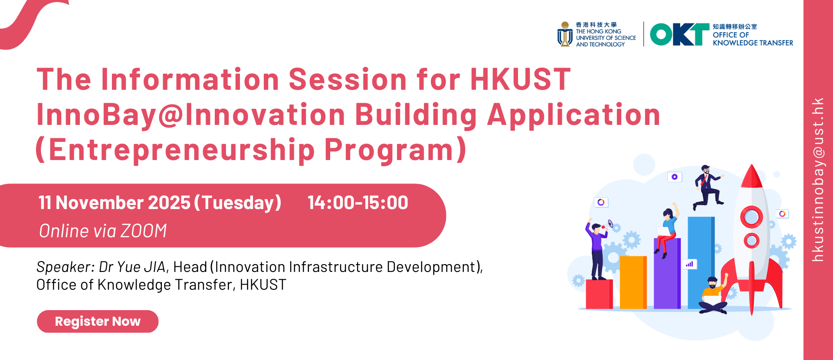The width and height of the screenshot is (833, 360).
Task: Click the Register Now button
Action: click(x=98, y=321)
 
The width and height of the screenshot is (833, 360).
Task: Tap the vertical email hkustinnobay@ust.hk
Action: click(x=818, y=180)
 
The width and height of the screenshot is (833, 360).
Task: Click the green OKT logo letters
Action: click(x=679, y=34)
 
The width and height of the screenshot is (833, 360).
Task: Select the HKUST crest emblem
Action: click(x=565, y=34)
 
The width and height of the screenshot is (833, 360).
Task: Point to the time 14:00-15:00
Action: click(x=358, y=203)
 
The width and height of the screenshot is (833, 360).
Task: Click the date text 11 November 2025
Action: click(x=115, y=203)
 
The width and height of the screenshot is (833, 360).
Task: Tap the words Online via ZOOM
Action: click(x=103, y=231)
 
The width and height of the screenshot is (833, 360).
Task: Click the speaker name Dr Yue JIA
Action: click(x=132, y=267)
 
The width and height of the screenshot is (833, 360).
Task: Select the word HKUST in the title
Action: click(x=520, y=79)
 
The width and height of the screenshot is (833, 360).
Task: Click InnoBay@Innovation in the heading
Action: click(x=191, y=115)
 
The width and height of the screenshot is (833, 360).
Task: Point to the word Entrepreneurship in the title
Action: click(x=182, y=150)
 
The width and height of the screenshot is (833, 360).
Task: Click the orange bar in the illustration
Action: click(x=633, y=282)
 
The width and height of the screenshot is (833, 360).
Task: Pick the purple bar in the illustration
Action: click(x=667, y=273)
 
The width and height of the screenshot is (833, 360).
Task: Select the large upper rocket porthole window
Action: click(x=751, y=217)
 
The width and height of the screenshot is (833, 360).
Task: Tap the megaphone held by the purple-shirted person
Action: click(x=610, y=224)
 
